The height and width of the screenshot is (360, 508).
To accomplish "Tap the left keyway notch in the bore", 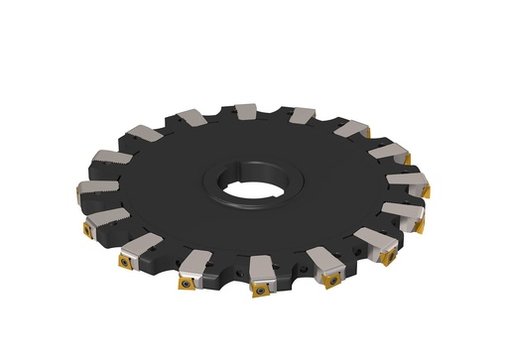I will (211, 182).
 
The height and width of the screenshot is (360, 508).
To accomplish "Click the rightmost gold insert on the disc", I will (425, 188).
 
